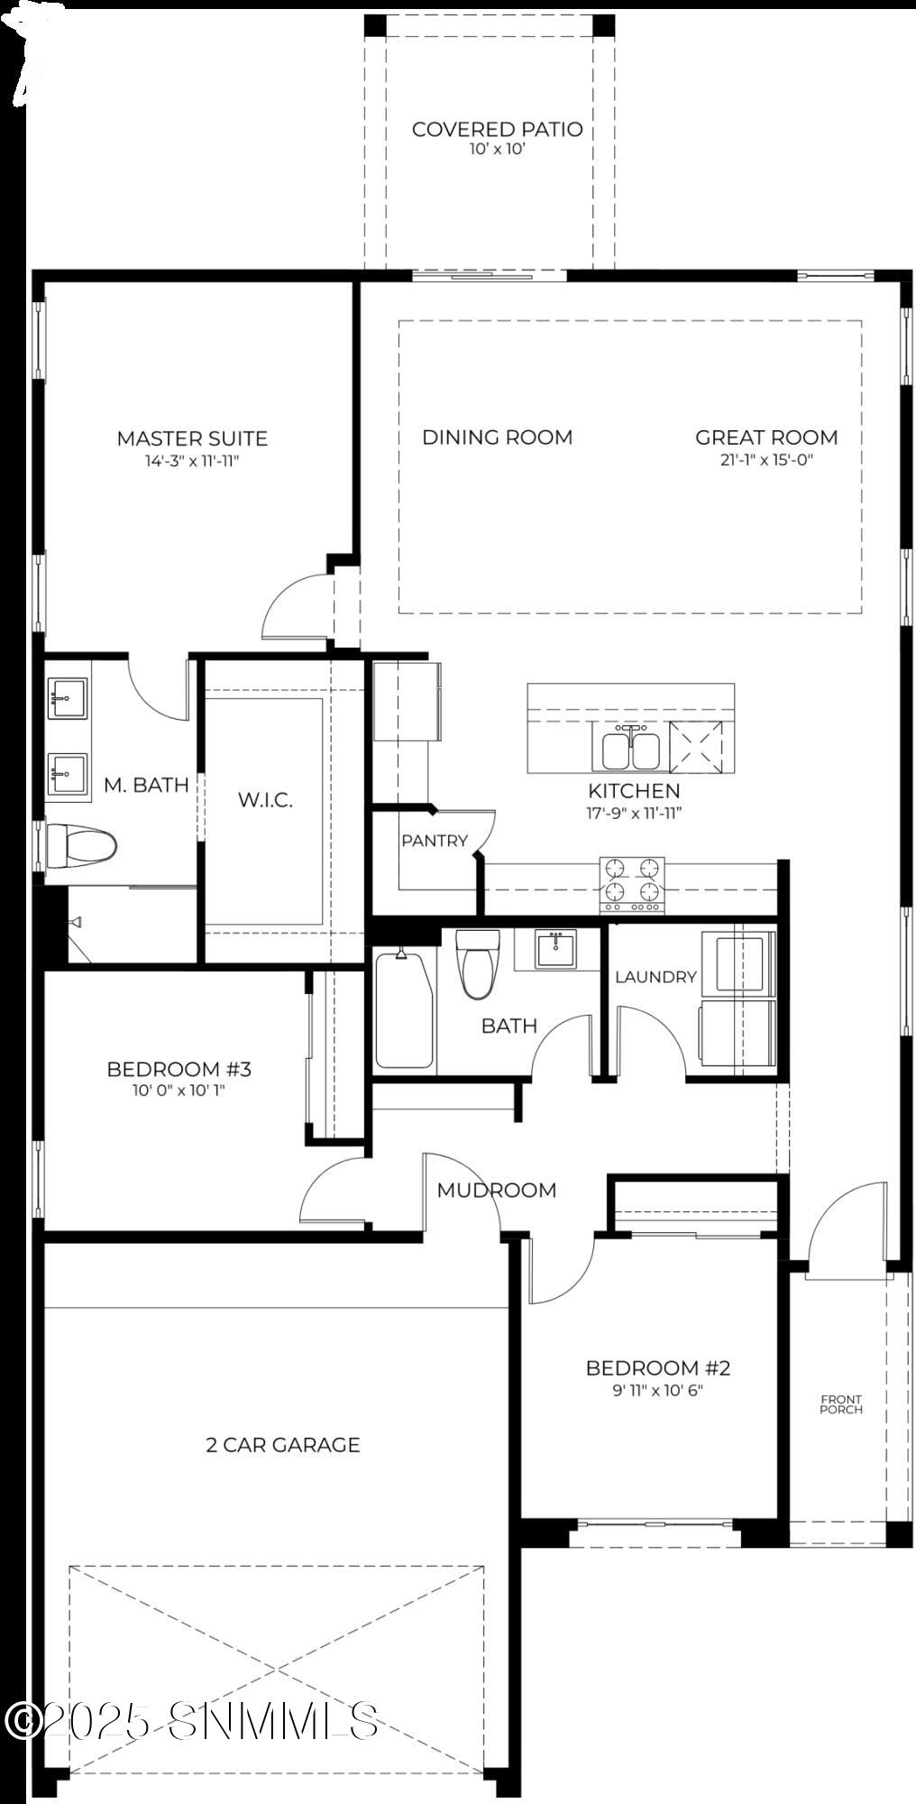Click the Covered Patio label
pyautogui.click(x=497, y=129)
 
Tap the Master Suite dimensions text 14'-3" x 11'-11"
pyautogui.click(x=192, y=461)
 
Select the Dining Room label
pyautogui.click(x=497, y=437)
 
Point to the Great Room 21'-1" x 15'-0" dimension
pyautogui.click(x=766, y=460)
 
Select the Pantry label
pyautogui.click(x=435, y=841)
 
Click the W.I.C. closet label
pyautogui.click(x=265, y=800)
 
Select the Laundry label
pyautogui.click(x=655, y=977)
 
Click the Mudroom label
pyautogui.click(x=497, y=1191)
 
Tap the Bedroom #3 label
pyautogui.click(x=179, y=1070)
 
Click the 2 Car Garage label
pyautogui.click(x=283, y=1445)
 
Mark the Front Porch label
pyautogui.click(x=841, y=1404)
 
